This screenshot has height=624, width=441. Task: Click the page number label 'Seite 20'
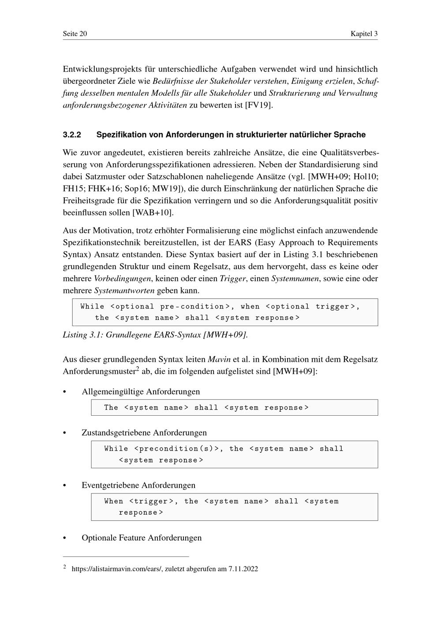pos(75,34)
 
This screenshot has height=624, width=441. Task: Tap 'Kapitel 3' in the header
pos(364,34)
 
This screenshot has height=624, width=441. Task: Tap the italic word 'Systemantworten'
pos(124,291)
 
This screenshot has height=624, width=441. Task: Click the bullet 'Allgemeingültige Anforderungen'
pos(141,392)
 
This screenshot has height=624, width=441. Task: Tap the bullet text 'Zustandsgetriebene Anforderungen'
pos(144,433)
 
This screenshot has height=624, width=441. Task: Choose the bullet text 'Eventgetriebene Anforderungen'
pos(138,485)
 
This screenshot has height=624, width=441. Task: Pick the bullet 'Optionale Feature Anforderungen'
pos(142,538)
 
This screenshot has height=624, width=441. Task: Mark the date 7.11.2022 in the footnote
pos(243,569)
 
